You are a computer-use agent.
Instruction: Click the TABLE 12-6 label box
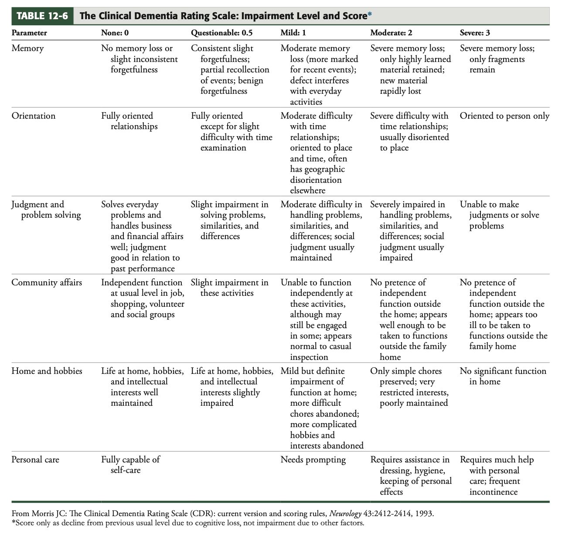[x=42, y=16]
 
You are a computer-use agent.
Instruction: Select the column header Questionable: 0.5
[x=221, y=33]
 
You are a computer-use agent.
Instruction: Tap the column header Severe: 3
[x=475, y=33]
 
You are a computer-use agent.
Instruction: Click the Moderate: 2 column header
[x=391, y=33]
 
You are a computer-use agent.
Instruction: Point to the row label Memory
[x=27, y=48]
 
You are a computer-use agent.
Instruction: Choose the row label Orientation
[x=34, y=116]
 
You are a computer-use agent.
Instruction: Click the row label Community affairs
[x=47, y=283]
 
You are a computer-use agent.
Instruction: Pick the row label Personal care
[x=35, y=460]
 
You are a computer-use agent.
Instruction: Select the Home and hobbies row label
[x=47, y=371]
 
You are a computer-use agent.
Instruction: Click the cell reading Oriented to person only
[x=504, y=116]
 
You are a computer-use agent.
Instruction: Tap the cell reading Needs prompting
[x=313, y=460]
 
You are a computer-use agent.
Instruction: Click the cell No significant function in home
[x=503, y=376]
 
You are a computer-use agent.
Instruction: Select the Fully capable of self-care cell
[x=130, y=465]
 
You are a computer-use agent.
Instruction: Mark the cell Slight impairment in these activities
[x=229, y=288]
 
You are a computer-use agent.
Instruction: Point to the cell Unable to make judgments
[x=499, y=215]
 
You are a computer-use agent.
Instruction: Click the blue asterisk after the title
[x=370, y=15]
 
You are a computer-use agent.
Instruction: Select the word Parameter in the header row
[x=29, y=33]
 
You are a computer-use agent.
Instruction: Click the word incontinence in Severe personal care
[x=493, y=492]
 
